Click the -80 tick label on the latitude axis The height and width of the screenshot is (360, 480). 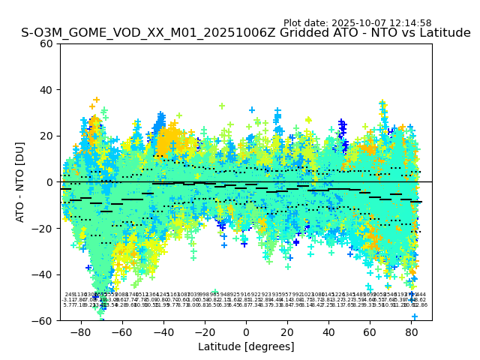point(80,331)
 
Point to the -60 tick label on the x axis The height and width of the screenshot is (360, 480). point(121,331)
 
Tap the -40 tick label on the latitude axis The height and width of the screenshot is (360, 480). point(163,331)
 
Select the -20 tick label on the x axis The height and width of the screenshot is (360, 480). point(204,331)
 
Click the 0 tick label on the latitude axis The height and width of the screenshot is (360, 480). point(245,331)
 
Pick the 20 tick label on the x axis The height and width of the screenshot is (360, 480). point(287,331)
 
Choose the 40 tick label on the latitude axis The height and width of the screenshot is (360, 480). point(328,331)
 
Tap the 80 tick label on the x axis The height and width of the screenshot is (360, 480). point(411,331)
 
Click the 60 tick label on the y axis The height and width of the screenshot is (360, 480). point(47,43)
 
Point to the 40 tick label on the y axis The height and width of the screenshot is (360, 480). point(47,90)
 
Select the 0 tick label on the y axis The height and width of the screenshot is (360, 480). point(50,182)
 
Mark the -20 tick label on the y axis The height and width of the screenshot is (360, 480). point(43,229)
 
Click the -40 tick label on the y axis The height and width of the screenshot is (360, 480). point(43,274)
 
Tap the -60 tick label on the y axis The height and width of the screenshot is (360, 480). point(43,321)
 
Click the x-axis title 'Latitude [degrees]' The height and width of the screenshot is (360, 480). point(246,346)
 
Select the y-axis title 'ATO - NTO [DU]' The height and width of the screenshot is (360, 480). point(20,182)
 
